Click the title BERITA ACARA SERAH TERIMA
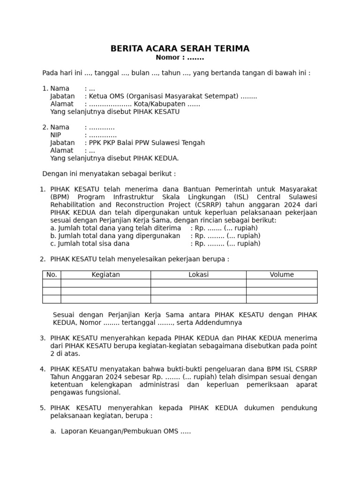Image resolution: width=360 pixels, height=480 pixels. click(180, 49)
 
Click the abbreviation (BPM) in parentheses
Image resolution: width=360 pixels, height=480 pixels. click(60, 197)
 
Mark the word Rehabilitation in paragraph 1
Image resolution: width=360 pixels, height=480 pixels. click(72, 205)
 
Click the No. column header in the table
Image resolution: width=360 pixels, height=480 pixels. click(52, 275)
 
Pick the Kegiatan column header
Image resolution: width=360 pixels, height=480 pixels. click(105, 275)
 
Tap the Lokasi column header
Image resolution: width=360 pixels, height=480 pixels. click(198, 275)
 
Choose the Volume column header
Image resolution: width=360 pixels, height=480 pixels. click(282, 275)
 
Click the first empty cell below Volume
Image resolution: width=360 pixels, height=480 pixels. click(282, 283)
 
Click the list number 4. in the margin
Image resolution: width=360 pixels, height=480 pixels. click(43, 369)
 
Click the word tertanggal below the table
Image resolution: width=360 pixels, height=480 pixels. click(139, 323)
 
